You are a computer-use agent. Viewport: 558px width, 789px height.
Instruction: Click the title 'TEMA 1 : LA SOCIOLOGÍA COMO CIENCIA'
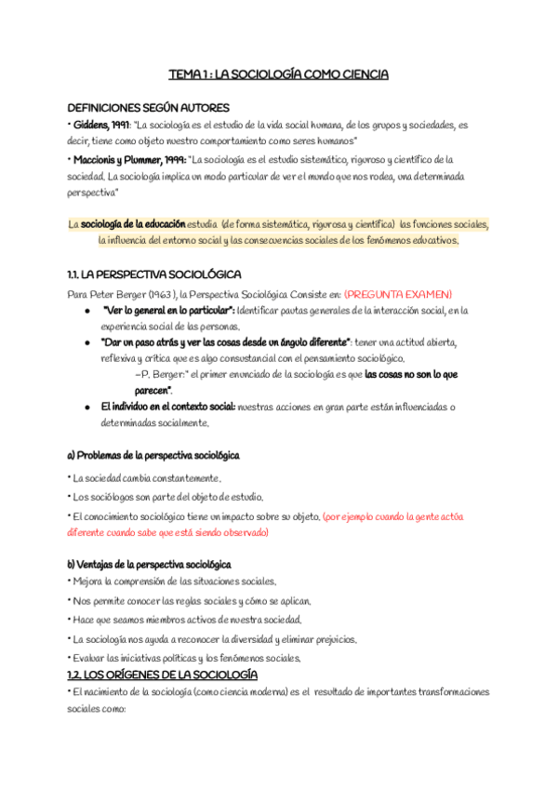coord(278,74)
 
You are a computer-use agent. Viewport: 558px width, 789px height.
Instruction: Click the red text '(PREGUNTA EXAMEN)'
coord(398,293)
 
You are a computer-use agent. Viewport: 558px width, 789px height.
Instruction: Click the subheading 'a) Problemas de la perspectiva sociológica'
coord(153,456)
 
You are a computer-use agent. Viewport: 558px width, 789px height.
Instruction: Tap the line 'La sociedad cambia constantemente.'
coord(146,478)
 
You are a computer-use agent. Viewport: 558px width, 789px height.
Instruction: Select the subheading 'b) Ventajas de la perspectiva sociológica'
coord(150,565)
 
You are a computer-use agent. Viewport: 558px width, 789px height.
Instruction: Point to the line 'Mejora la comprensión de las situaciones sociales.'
coord(174,582)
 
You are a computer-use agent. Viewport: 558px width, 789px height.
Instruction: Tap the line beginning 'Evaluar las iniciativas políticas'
coord(186,658)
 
